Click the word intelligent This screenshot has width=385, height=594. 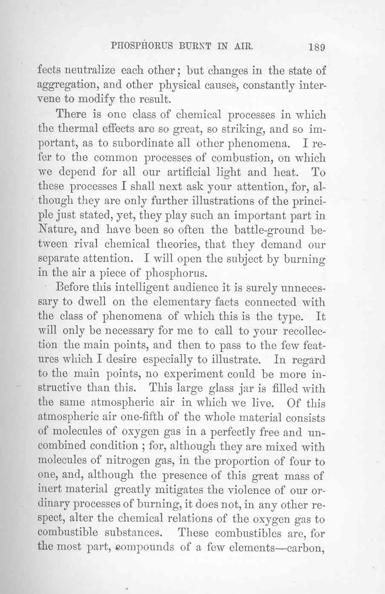tap(143, 288)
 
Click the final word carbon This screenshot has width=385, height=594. tap(305, 547)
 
